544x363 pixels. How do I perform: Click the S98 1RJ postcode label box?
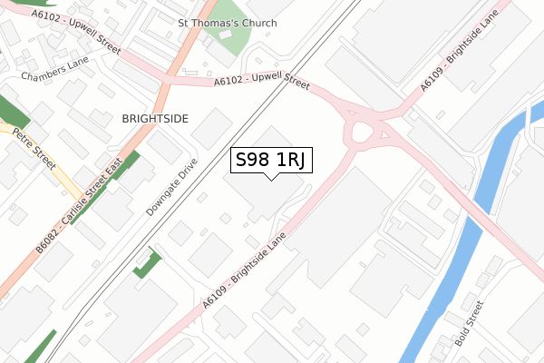pyautogui.click(x=271, y=161)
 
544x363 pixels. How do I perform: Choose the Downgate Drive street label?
pyautogui.click(x=171, y=186)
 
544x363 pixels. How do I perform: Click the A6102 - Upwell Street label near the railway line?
pyautogui.click(x=262, y=82)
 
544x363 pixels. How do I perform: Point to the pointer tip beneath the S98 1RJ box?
pyautogui.click(x=271, y=179)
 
